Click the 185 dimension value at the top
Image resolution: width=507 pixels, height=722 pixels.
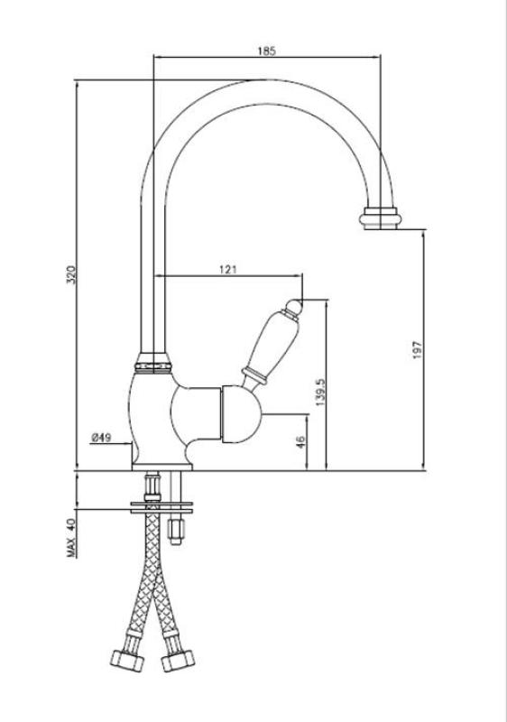pos(266,51)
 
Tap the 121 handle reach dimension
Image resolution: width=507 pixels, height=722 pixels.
pos(227,269)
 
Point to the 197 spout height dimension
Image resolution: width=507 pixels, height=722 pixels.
pos(416,349)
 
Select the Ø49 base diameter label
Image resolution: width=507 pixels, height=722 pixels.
pos(100,438)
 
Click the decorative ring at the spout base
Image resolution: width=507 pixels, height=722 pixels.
pos(152,362)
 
